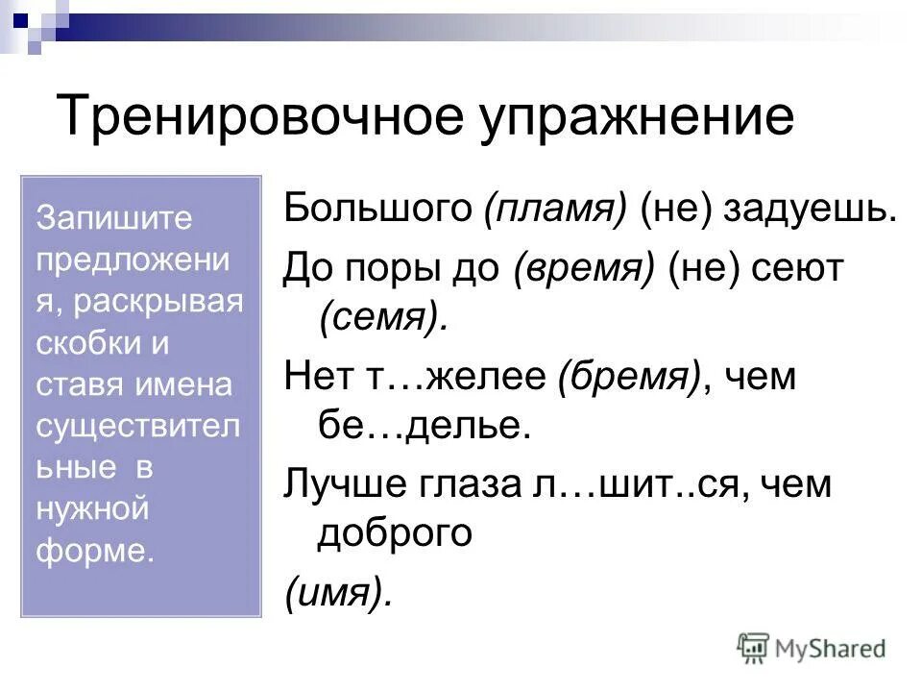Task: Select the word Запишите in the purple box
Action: tap(114, 217)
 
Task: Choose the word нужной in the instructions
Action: tap(92, 507)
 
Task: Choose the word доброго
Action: tap(395, 532)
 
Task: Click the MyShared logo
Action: tap(812, 649)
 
